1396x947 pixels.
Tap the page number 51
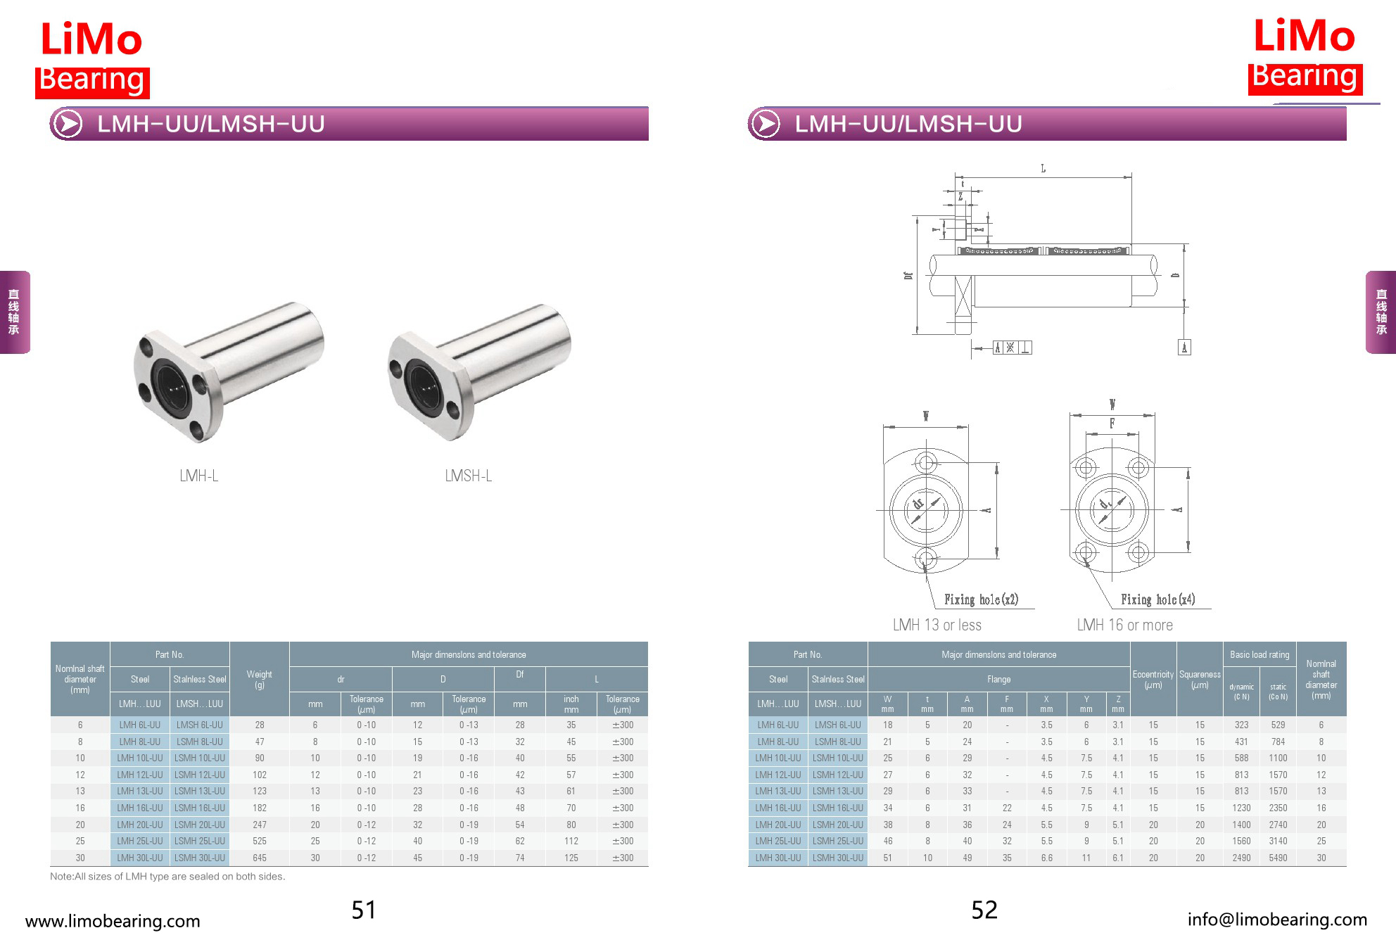[x=364, y=910]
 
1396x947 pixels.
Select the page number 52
[x=984, y=910]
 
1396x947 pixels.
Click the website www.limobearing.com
[x=113, y=921]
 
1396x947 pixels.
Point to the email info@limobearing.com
[x=1277, y=920]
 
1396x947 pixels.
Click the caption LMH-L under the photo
[x=199, y=476]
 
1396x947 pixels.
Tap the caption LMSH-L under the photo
[x=468, y=476]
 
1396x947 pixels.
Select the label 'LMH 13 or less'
[x=937, y=625]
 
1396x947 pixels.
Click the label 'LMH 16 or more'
[x=1124, y=625]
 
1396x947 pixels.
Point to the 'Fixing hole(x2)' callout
[x=981, y=599]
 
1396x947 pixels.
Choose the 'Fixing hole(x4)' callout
[x=1157, y=599]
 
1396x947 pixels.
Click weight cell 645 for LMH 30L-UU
[x=260, y=858]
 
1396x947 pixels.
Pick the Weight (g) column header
[x=260, y=679]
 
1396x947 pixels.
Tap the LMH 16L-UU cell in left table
[x=139, y=808]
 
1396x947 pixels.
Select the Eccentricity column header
[x=1153, y=679]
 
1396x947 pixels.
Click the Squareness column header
[x=1200, y=679]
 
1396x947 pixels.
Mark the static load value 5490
[x=1278, y=858]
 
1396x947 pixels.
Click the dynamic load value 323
[x=1241, y=725]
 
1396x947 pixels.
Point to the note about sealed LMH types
[x=167, y=877]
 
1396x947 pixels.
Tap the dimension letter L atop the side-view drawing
[x=1043, y=169]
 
